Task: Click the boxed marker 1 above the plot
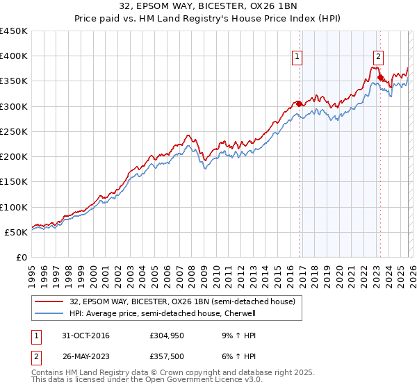tap(297, 58)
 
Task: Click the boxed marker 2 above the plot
tap(379, 58)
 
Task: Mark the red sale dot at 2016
tap(299, 104)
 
